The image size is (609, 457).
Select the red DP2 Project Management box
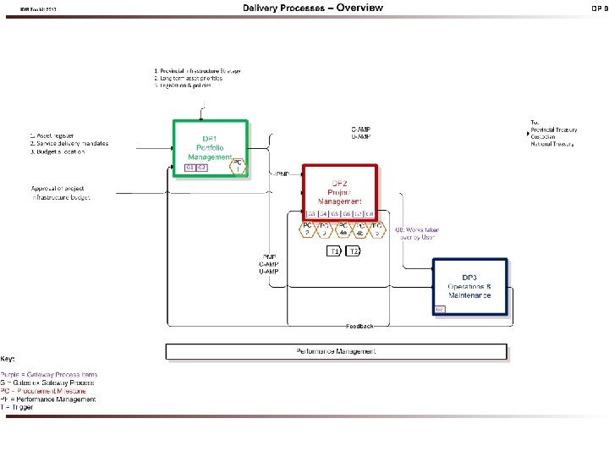pos(340,188)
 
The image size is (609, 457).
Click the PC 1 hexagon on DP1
pos(239,166)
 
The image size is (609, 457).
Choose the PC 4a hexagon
pos(343,230)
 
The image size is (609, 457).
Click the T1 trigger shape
pos(334,251)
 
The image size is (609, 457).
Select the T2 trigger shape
pos(354,251)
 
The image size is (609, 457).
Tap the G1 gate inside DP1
pos(189,168)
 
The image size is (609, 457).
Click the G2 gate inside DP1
pos(202,168)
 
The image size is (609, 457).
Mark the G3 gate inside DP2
pos(311,214)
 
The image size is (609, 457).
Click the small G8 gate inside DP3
pos(439,310)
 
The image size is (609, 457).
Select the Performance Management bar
pos(336,351)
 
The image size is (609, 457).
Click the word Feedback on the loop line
pos(359,326)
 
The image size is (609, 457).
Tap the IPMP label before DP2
pos(281,174)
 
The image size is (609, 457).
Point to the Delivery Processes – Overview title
pos(312,8)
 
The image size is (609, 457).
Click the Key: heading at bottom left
pos(8,361)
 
